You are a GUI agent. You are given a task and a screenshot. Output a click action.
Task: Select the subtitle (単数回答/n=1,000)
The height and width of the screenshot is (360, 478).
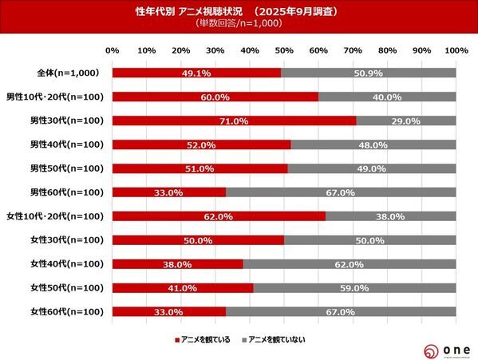pyautogui.click(x=239, y=23)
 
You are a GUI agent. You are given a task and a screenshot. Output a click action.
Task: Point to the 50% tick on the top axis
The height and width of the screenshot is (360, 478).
pyautogui.click(x=284, y=51)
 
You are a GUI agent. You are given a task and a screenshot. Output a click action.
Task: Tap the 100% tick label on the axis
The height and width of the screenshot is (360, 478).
pyautogui.click(x=456, y=51)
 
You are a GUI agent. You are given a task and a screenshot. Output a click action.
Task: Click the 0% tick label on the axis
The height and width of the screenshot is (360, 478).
pyautogui.click(x=113, y=51)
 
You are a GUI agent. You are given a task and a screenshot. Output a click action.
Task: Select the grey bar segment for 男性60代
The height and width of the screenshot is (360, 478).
pyautogui.click(x=341, y=192)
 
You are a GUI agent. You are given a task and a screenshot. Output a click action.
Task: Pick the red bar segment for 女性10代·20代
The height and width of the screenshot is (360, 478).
pyautogui.click(x=219, y=216)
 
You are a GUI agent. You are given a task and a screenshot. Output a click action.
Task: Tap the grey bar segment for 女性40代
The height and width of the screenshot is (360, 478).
pyautogui.click(x=350, y=264)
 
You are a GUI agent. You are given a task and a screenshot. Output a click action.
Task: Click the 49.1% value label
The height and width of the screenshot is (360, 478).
pyautogui.click(x=196, y=73)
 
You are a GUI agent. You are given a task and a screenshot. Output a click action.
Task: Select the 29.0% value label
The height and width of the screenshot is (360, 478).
pyautogui.click(x=406, y=121)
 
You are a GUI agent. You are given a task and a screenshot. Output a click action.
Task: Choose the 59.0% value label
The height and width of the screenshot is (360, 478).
pyautogui.click(x=354, y=288)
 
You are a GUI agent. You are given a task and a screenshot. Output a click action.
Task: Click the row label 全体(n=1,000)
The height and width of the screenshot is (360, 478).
pyautogui.click(x=69, y=73)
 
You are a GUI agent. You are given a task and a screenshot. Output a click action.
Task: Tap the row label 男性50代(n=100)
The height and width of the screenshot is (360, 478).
pyautogui.click(x=64, y=168)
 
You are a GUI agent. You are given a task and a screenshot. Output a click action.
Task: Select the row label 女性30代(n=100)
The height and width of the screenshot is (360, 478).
pyautogui.click(x=64, y=240)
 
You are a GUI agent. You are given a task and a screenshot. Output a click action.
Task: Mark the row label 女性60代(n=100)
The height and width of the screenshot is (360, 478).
pyautogui.click(x=64, y=312)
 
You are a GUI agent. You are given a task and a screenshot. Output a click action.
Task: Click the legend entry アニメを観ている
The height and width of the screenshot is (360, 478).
pyautogui.click(x=203, y=339)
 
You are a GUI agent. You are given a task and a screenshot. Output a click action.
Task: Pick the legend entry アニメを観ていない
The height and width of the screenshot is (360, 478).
pyautogui.click(x=272, y=339)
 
